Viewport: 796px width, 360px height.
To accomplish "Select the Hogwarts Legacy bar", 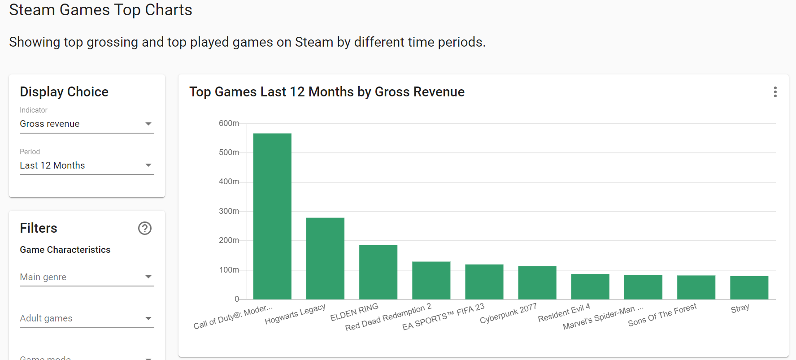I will pos(325,258).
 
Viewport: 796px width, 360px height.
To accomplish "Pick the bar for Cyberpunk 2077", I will pos(537,282).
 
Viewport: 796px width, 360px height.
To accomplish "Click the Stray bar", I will pos(749,287).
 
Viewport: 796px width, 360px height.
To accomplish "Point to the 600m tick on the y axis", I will pos(229,123).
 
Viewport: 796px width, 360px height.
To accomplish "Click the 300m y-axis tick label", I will pos(229,211).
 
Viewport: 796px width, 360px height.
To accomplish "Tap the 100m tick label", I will pos(229,270).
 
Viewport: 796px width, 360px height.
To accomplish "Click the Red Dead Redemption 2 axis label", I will pos(388,317).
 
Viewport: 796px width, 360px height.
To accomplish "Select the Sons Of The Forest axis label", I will pos(662,315).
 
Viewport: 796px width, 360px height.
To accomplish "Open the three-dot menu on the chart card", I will pos(775,92).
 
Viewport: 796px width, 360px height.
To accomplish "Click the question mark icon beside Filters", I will pos(145,228).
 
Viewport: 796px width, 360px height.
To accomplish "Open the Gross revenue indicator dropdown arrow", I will pos(148,124).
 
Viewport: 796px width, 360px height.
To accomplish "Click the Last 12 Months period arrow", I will pos(148,165).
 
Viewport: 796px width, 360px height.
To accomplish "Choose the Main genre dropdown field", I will pos(87,277).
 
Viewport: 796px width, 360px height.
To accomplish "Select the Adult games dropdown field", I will pos(87,318).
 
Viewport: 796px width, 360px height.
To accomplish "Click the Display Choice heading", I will pos(64,92).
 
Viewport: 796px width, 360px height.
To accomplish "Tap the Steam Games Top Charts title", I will pos(100,10).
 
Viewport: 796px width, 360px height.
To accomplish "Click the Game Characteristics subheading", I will pos(65,250).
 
